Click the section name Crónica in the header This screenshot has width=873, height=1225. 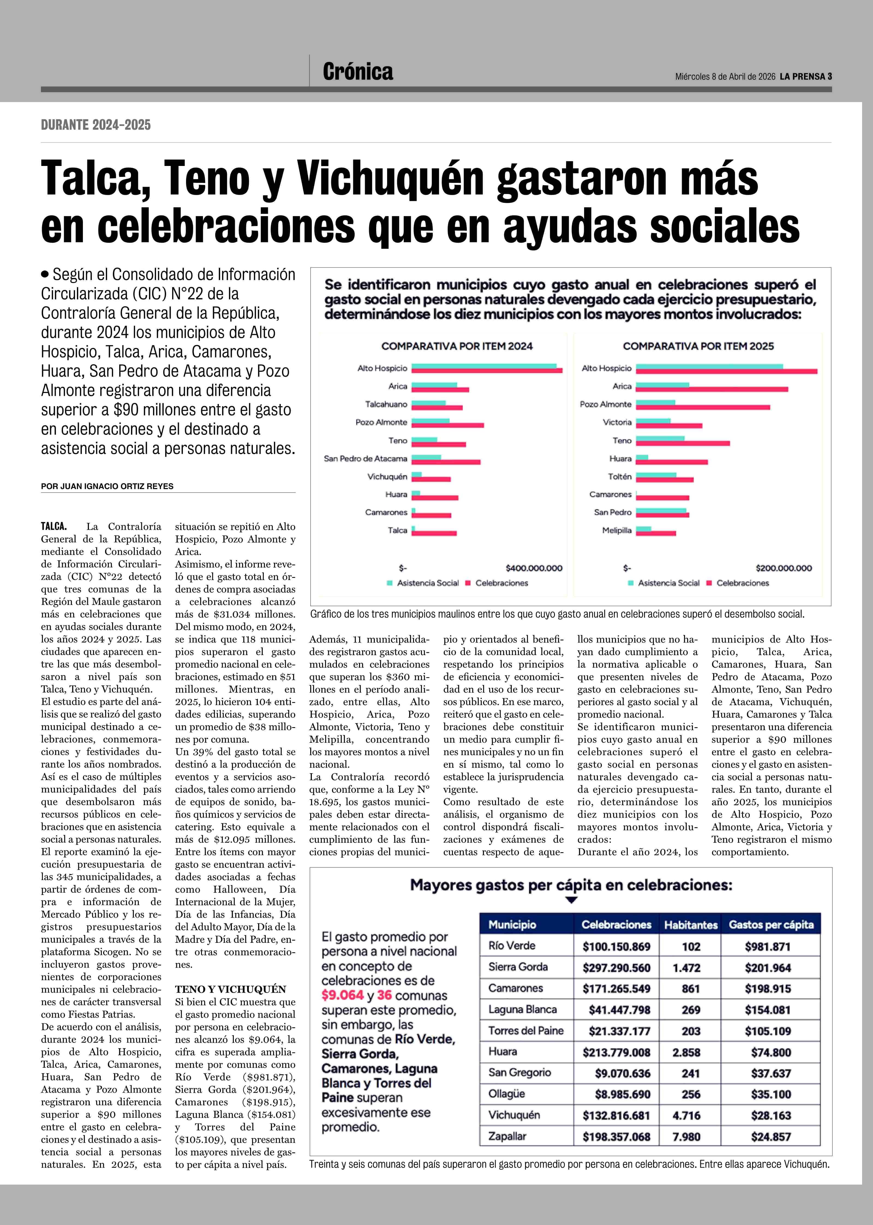click(x=357, y=72)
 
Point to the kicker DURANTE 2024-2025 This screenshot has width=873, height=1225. click(x=96, y=125)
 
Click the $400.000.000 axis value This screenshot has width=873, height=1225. click(x=534, y=568)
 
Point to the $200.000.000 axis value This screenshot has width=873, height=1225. click(x=783, y=568)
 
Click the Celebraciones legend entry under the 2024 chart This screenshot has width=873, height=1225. click(x=501, y=583)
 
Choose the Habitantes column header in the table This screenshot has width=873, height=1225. click(x=691, y=925)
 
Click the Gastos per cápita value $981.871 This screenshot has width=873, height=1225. click(x=768, y=946)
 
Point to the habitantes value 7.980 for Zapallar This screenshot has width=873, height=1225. click(x=686, y=1137)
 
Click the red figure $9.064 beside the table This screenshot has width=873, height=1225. click(x=342, y=995)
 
